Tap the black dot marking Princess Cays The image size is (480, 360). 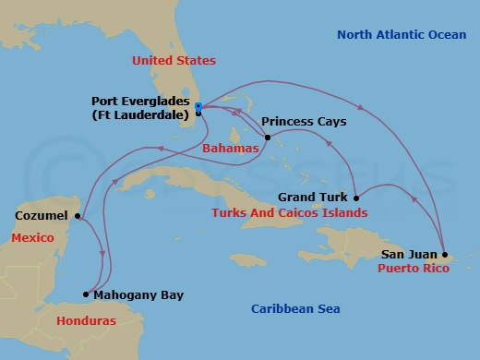(267, 138)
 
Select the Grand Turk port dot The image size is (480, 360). (356, 198)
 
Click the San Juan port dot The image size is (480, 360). (445, 254)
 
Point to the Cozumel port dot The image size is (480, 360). (78, 217)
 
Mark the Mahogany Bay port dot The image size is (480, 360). (86, 295)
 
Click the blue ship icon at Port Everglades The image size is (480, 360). (198, 107)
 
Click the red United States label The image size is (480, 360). (174, 61)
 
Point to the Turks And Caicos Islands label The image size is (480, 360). (289, 213)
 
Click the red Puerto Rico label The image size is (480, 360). (414, 269)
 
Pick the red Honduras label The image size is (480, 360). (86, 321)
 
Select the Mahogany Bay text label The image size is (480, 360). (139, 295)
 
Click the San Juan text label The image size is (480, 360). (406, 254)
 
